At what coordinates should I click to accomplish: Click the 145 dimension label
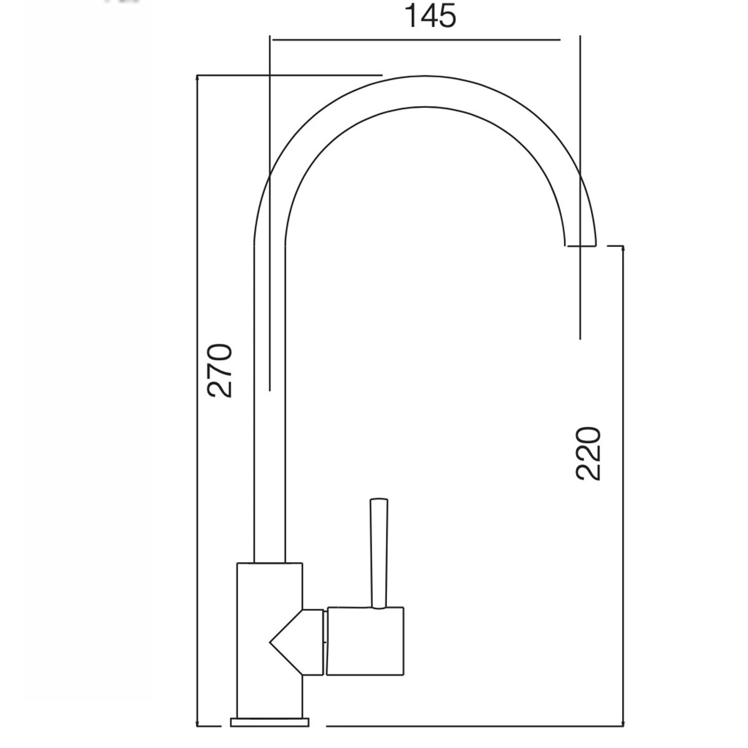click(x=430, y=16)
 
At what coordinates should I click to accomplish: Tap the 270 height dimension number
click(x=219, y=371)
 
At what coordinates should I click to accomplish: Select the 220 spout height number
click(x=588, y=454)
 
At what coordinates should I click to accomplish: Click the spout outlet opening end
click(x=580, y=246)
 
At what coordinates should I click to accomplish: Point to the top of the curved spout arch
click(x=424, y=75)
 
